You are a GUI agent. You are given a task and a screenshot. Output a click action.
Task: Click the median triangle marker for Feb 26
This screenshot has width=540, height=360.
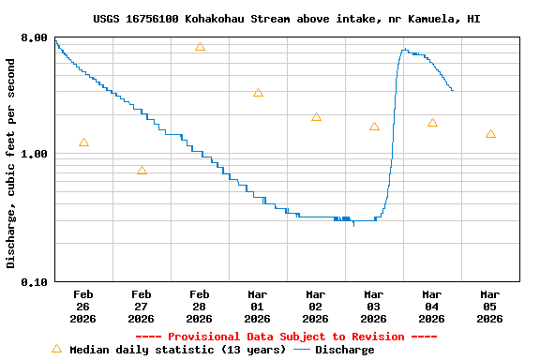[83, 142]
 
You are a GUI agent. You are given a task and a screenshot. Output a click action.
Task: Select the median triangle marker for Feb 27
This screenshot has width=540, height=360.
[142, 171]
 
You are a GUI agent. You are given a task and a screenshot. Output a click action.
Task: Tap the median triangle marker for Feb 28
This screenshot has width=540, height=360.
[200, 47]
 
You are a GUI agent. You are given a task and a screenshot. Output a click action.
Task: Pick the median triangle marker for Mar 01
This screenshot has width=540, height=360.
[258, 93]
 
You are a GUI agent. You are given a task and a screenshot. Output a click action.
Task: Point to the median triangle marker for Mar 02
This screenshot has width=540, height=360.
[316, 117]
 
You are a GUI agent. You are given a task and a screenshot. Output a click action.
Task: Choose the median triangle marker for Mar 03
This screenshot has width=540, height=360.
[374, 127]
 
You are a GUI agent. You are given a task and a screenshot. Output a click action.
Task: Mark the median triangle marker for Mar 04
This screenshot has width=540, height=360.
[432, 123]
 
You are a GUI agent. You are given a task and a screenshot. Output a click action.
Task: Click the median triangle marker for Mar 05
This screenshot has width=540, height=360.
[490, 134]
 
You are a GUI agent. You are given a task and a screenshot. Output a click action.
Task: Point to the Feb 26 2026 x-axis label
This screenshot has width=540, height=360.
[83, 306]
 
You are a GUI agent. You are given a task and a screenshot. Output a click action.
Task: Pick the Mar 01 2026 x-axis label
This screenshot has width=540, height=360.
[258, 306]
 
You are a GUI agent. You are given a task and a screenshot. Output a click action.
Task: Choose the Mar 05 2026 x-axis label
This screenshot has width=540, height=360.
[490, 306]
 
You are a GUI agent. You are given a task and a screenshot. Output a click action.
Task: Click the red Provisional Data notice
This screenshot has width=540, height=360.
[286, 337]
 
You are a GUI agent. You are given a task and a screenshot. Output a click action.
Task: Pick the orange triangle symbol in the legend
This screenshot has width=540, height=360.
[56, 349]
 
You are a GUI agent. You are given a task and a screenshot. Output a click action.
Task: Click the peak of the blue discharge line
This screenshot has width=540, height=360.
[404, 50]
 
